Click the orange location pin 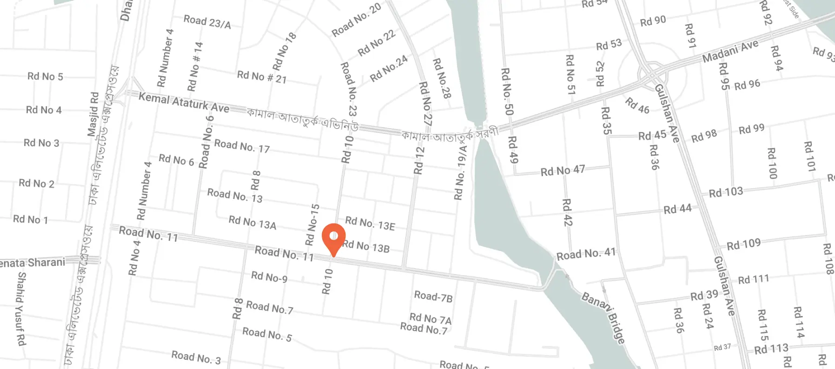tap(334, 237)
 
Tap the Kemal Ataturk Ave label tap(184, 102)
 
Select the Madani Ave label tap(730, 51)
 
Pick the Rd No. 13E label tap(370, 224)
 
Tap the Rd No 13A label tap(252, 223)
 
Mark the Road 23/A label tap(207, 22)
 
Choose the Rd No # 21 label tap(262, 77)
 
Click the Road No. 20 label tap(357, 20)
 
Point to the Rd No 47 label tap(563, 171)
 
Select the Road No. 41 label tap(586, 254)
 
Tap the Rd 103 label tap(726, 192)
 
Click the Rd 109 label tap(743, 244)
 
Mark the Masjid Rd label tap(93, 114)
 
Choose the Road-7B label tap(433, 297)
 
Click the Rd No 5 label tap(45, 76)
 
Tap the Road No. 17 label tap(242, 146)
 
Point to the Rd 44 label tap(677, 209)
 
